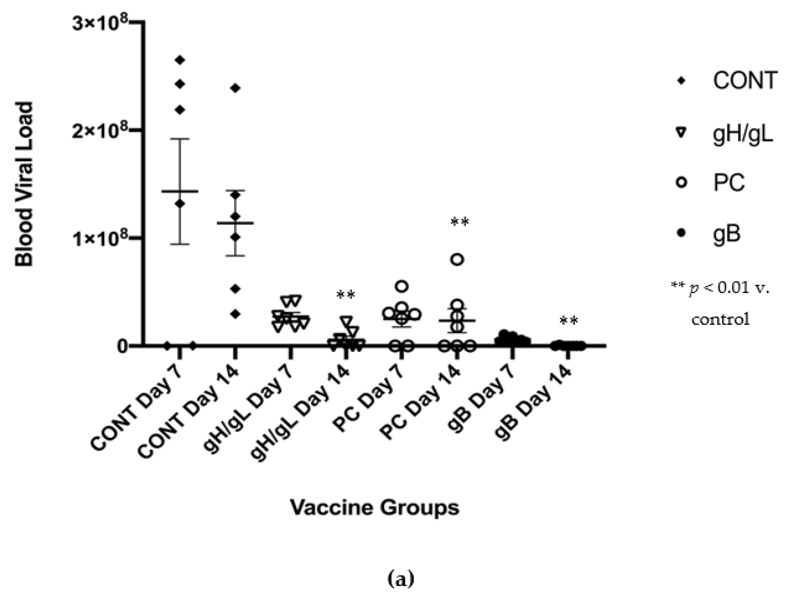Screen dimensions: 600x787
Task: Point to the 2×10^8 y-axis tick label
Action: [x=101, y=132]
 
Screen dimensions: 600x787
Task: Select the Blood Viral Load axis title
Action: [x=24, y=184]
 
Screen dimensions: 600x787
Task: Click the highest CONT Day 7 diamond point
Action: [x=180, y=60]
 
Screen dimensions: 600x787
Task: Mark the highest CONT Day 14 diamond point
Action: [x=235, y=88]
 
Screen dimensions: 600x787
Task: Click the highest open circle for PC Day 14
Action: [x=457, y=260]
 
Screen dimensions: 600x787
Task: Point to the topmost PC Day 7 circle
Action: [x=402, y=287]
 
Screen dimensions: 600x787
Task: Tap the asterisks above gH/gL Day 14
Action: [x=346, y=295]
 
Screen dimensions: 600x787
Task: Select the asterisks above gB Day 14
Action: [x=569, y=321]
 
